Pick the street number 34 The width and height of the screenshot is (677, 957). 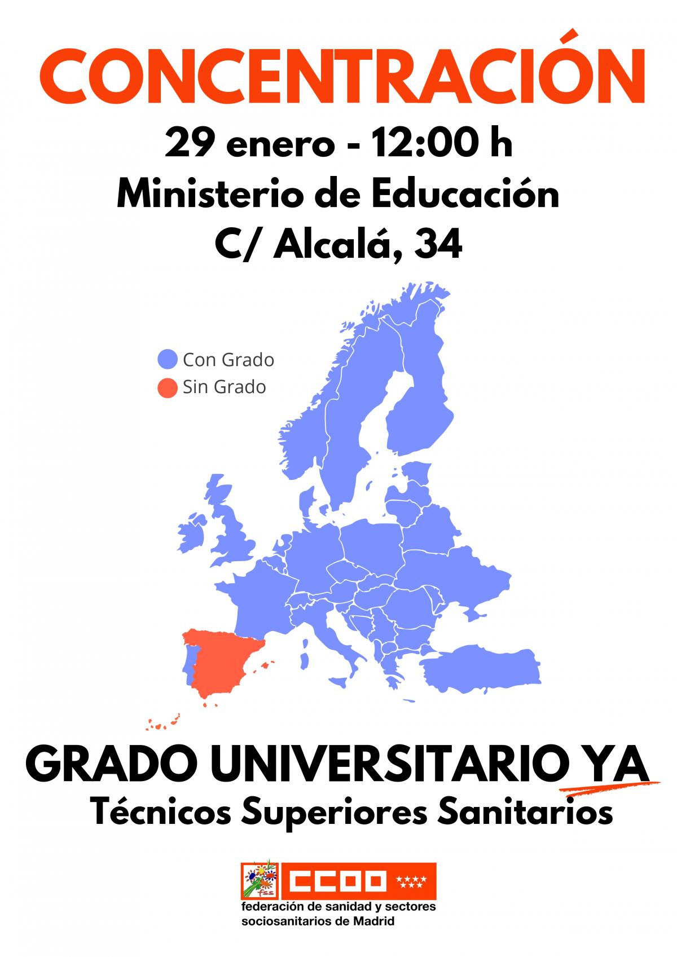point(438,245)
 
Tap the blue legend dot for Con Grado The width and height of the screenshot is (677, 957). point(168,360)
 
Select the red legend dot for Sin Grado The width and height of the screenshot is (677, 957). point(168,387)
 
